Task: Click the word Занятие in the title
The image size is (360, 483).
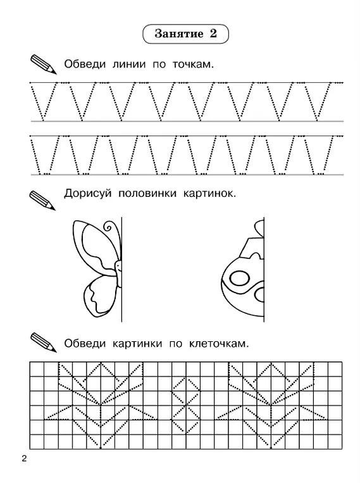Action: click(179, 34)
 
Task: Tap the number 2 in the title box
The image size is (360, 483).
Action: click(213, 34)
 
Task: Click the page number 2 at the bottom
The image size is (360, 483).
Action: click(24, 459)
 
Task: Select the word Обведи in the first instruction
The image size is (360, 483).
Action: click(85, 65)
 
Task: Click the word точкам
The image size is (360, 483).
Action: click(193, 65)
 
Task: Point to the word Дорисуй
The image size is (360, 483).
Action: click(87, 194)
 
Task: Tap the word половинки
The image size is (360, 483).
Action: click(147, 194)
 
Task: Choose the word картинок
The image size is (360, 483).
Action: click(209, 194)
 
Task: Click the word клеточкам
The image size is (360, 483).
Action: click(219, 344)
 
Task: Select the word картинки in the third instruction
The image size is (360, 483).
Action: click(137, 344)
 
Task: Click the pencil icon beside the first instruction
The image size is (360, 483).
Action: click(44, 64)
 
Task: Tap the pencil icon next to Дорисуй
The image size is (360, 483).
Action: click(42, 201)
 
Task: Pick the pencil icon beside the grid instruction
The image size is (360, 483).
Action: click(44, 342)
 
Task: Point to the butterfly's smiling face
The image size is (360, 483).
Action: click(118, 266)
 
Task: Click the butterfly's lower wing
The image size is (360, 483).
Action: click(100, 296)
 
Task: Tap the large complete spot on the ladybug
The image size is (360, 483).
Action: click(239, 279)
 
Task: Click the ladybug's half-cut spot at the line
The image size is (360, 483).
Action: click(259, 295)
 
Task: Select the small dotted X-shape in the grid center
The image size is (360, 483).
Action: click(186, 404)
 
